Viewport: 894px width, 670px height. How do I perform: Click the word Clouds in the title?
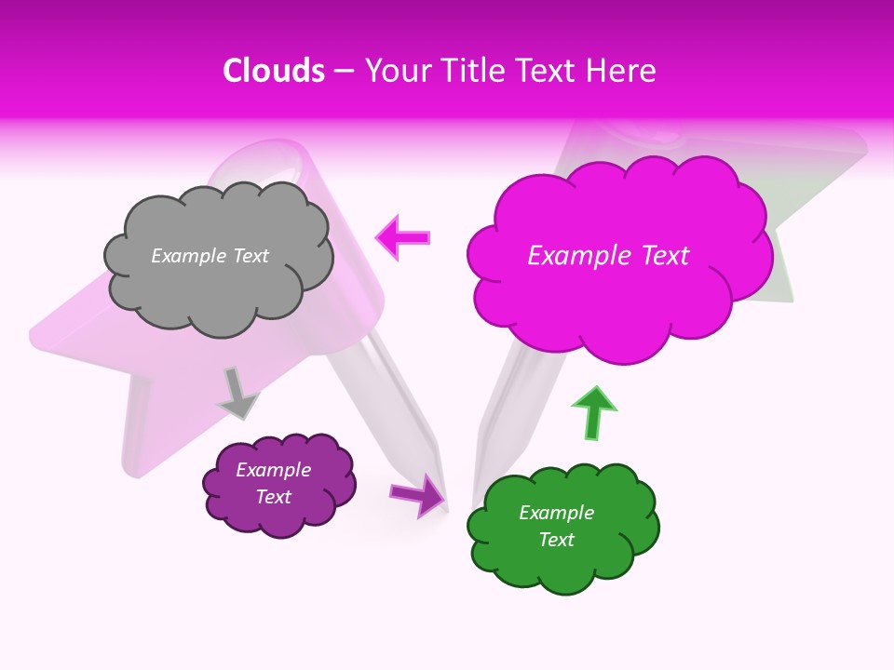pos(274,71)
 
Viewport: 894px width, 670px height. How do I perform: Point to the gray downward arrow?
pos(237,394)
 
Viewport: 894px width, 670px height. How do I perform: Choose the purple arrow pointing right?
pos(417,494)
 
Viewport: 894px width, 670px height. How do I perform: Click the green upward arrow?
pos(592,412)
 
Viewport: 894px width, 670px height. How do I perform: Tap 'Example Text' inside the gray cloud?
pos(210,256)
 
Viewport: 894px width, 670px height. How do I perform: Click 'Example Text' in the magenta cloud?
pos(608,256)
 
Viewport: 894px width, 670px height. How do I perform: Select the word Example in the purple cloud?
pos(273,470)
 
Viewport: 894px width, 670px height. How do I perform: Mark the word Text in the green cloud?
pos(556,540)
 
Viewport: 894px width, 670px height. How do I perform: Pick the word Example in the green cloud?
pos(556,513)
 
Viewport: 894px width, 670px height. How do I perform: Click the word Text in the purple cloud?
pos(273,497)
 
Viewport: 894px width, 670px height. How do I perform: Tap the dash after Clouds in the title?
pos(343,71)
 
